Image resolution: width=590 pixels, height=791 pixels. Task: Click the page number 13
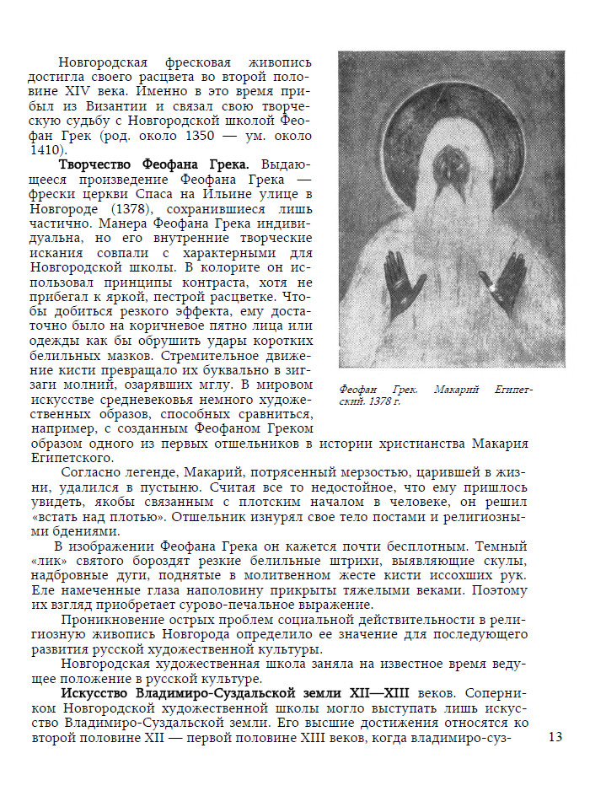pos(555,737)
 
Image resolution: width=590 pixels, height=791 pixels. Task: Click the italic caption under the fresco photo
pos(436,395)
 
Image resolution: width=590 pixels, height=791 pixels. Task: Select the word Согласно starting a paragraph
pos(92,474)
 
